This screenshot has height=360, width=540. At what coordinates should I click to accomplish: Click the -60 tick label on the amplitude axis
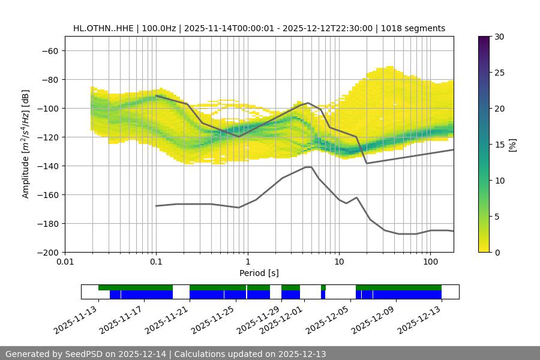click(50, 50)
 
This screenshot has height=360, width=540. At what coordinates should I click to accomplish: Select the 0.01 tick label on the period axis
click(65, 262)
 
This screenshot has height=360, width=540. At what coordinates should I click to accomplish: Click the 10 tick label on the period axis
click(338, 262)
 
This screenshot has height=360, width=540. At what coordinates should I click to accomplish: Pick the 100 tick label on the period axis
click(430, 262)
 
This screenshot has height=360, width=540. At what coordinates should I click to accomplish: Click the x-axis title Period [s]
click(259, 273)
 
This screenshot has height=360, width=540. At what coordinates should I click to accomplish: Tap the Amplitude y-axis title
click(26, 144)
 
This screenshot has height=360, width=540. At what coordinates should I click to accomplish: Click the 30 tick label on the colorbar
click(499, 37)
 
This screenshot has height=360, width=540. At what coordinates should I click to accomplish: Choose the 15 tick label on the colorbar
click(499, 145)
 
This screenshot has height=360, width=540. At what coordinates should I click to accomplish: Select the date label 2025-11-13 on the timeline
click(76, 318)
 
